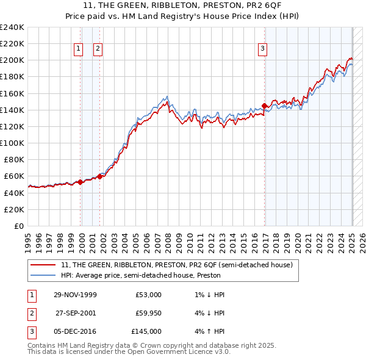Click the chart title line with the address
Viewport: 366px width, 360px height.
(182, 6)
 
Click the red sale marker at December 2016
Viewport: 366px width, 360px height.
(264, 106)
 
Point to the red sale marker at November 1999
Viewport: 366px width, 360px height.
(80, 182)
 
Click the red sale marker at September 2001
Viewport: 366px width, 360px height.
(99, 176)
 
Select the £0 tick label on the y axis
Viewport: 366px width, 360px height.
(18, 226)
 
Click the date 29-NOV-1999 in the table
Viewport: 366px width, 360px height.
(76, 295)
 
